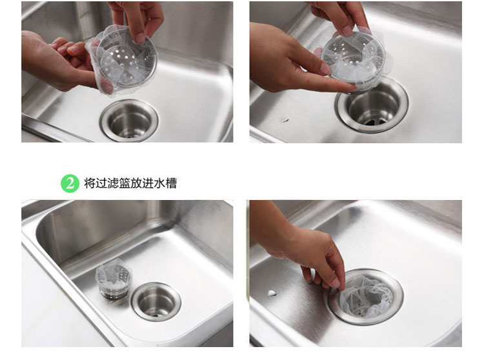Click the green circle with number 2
70,183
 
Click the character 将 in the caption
90,183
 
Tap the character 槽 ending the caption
171,183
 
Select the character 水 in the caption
159,183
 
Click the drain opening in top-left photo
130,120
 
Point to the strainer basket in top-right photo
354,58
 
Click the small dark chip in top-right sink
286,120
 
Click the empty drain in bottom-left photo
156,301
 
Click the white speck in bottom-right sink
272,293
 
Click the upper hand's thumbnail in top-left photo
140,37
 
